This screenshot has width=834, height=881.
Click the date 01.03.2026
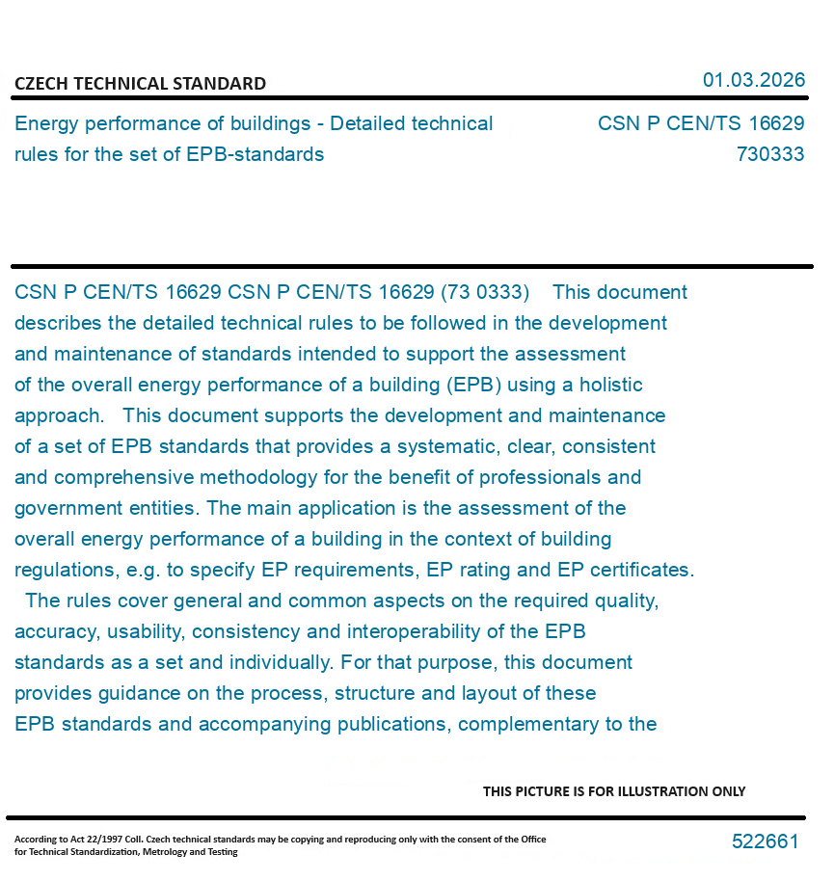(x=753, y=80)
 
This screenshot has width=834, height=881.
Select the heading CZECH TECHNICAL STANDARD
(x=140, y=84)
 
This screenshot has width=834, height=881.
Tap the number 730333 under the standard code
(x=769, y=154)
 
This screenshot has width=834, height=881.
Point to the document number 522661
(x=765, y=841)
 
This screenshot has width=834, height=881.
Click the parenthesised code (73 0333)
(x=484, y=292)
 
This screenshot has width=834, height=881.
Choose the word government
(x=62, y=508)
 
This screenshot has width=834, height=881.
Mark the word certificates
(x=639, y=570)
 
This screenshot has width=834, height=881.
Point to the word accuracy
(x=53, y=631)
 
